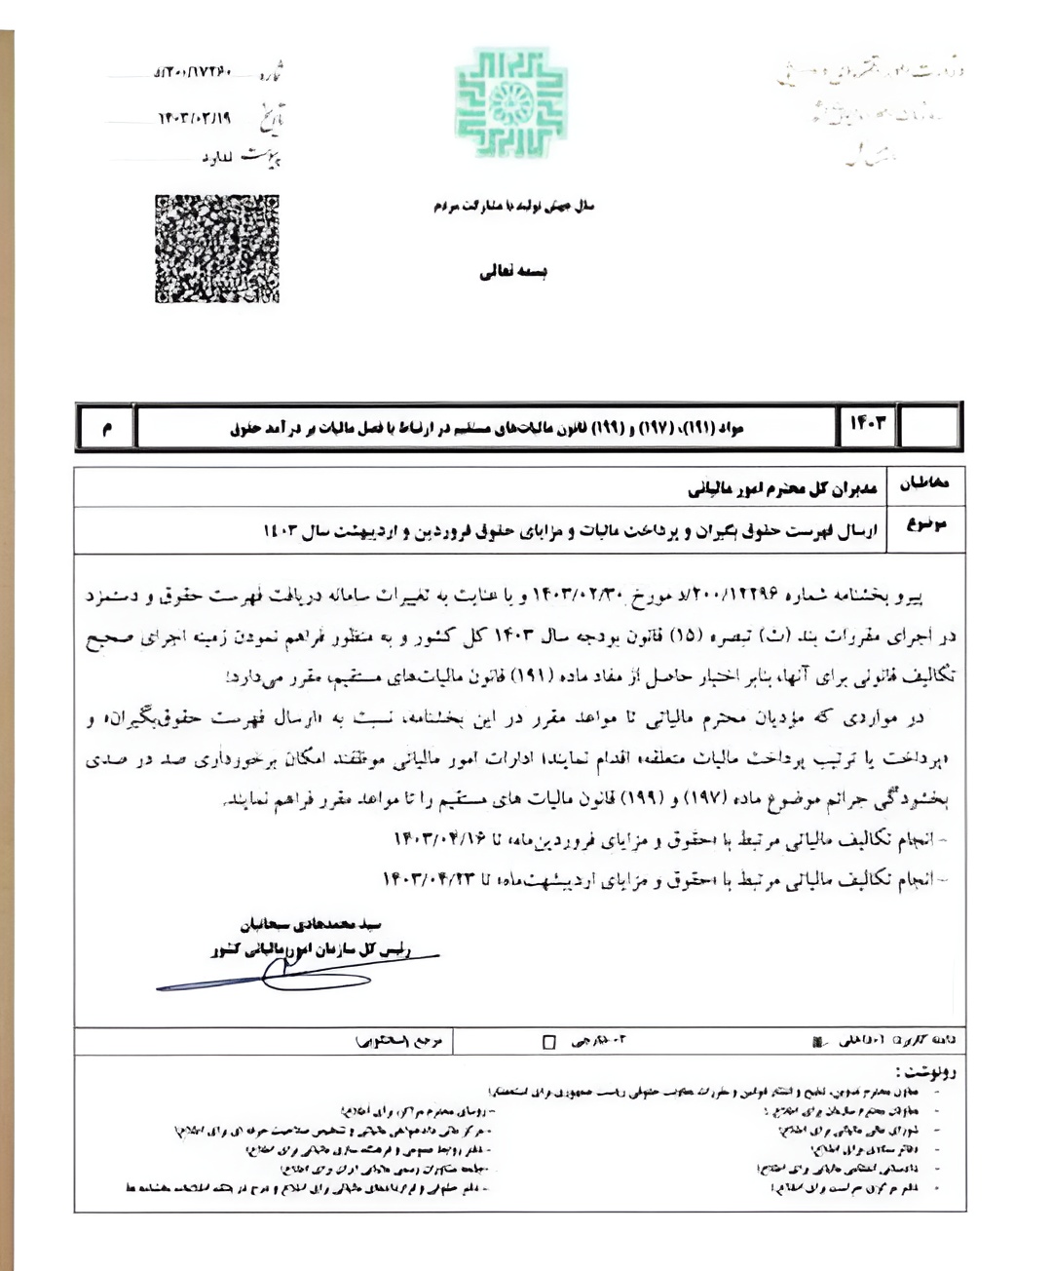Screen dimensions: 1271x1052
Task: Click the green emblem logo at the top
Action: [x=511, y=102]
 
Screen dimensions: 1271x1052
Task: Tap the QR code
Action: [x=217, y=249]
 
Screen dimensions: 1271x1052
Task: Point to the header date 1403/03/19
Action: [x=194, y=118]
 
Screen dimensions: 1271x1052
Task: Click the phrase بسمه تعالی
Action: [x=513, y=272]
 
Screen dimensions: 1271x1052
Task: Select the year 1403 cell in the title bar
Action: [x=869, y=424]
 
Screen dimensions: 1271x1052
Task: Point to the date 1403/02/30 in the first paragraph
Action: [x=579, y=594]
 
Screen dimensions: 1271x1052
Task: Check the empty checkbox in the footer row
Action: [x=549, y=1042]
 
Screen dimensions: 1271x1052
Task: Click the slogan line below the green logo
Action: [x=513, y=207]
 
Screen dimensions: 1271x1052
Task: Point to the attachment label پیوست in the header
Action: [x=260, y=156]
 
